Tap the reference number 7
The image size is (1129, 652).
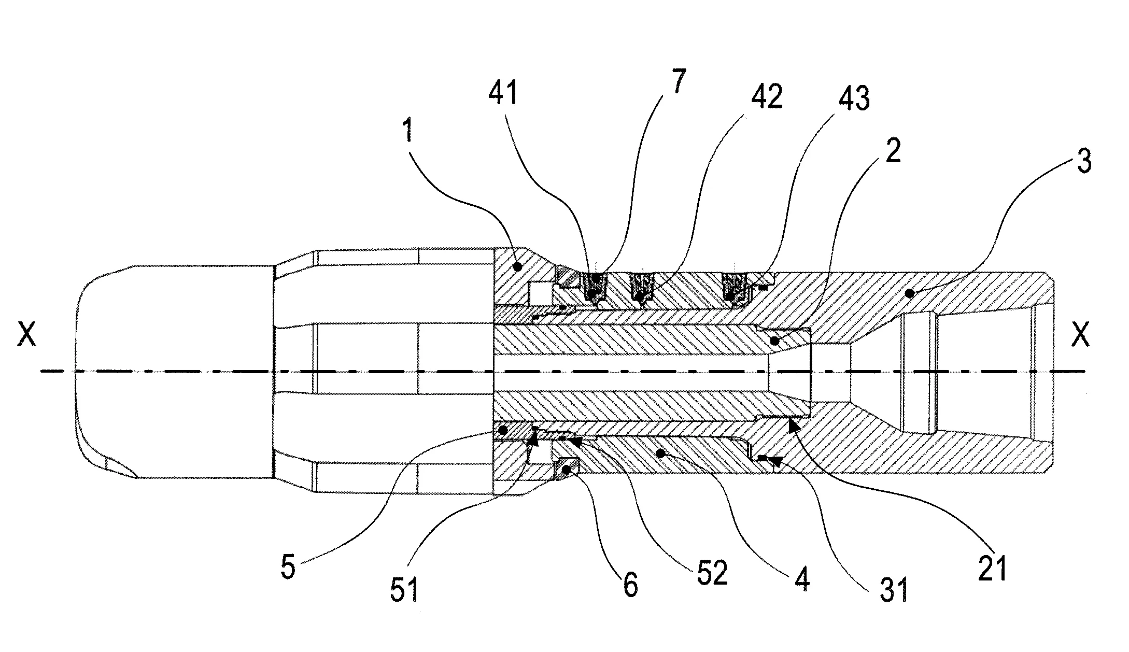click(x=680, y=80)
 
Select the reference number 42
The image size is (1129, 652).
click(x=768, y=96)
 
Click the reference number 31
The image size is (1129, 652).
click(x=894, y=590)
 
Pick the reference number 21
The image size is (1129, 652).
click(x=992, y=569)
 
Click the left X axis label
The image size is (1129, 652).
click(x=27, y=336)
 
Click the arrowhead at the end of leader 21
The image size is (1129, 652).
click(x=794, y=425)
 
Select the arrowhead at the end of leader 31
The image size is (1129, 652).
click(x=776, y=460)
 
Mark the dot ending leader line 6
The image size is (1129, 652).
click(x=567, y=470)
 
